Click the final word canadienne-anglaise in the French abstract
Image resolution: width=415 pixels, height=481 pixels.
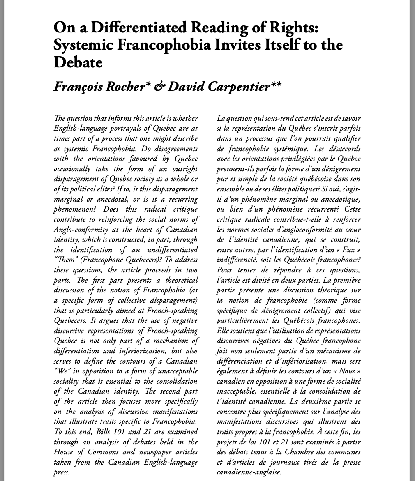coord(249,472)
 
